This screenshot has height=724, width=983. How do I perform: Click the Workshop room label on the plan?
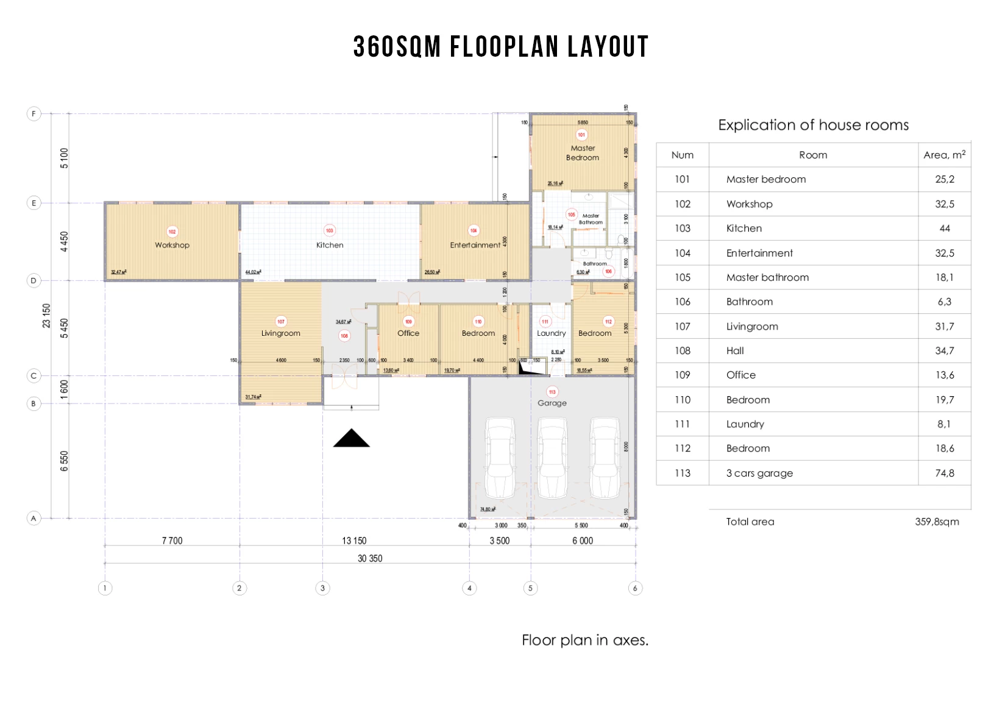pos(172,245)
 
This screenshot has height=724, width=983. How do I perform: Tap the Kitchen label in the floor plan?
pos(330,245)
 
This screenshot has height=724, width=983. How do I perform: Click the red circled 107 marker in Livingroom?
pos(281,321)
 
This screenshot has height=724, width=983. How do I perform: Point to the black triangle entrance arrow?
pos(352,438)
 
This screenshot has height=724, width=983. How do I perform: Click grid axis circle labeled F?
pos(34,113)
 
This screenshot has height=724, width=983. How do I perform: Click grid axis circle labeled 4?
pos(469,588)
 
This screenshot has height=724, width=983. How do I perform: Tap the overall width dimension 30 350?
pos(370,558)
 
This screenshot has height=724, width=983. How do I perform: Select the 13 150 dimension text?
pos(354,541)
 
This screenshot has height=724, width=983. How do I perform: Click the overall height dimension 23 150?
pos(46,316)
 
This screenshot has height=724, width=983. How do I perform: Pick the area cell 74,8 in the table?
pos(945,473)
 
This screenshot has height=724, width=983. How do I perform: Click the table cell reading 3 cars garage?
pos(759,473)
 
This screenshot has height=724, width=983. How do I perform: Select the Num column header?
pos(682,155)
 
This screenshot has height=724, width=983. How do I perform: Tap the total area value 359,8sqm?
pos(937,522)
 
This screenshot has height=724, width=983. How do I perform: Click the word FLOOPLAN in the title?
pos(504,47)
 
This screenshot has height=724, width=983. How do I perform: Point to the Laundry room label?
pos(551,333)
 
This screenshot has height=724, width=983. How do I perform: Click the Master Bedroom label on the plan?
pos(583,153)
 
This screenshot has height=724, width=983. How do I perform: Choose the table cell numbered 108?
pos(682,350)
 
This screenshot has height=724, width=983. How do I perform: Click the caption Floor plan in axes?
pos(585,640)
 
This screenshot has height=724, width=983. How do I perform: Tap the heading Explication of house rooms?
pos(813,125)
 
